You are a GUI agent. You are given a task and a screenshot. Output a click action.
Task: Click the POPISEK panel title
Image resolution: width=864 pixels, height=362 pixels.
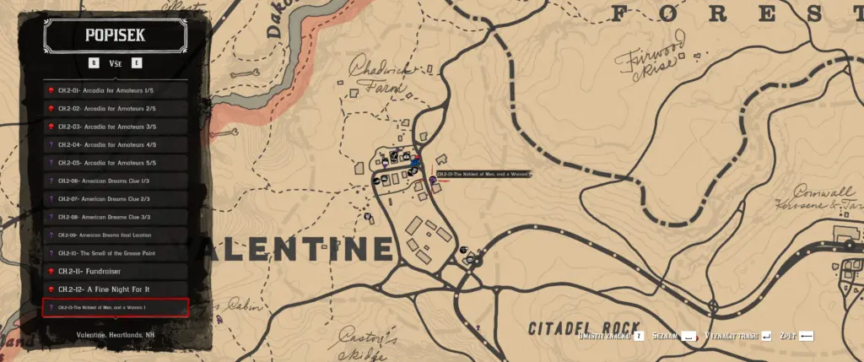pyautogui.click(x=115, y=35)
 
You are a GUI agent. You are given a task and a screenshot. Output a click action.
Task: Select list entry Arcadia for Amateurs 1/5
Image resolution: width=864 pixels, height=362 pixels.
pyautogui.click(x=116, y=90)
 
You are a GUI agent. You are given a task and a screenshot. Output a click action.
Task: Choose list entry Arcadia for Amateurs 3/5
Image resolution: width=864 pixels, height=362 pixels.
pyautogui.click(x=116, y=127)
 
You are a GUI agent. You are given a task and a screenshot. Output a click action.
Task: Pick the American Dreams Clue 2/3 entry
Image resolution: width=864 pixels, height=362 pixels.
pyautogui.click(x=116, y=199)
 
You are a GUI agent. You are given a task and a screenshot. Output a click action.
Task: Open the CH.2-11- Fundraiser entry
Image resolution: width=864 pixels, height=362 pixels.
pyautogui.click(x=116, y=271)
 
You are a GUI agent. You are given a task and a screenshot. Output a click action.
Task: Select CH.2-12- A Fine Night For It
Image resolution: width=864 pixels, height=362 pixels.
pyautogui.click(x=116, y=289)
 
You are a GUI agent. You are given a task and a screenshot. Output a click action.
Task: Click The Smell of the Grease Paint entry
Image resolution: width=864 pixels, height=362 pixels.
pyautogui.click(x=116, y=253)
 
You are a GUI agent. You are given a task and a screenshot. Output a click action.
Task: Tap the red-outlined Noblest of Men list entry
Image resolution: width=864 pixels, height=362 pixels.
pyautogui.click(x=116, y=308)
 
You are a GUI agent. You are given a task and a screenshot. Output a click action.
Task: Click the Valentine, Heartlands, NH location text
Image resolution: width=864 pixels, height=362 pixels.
pyautogui.click(x=116, y=336)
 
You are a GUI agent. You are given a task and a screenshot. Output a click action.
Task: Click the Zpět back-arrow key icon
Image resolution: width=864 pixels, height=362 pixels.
pyautogui.click(x=807, y=336)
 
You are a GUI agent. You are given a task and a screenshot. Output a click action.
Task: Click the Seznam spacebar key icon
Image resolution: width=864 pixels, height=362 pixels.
pyautogui.click(x=690, y=336)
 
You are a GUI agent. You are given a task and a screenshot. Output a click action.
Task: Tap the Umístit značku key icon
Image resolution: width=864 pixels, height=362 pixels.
pyautogui.click(x=640, y=336)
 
